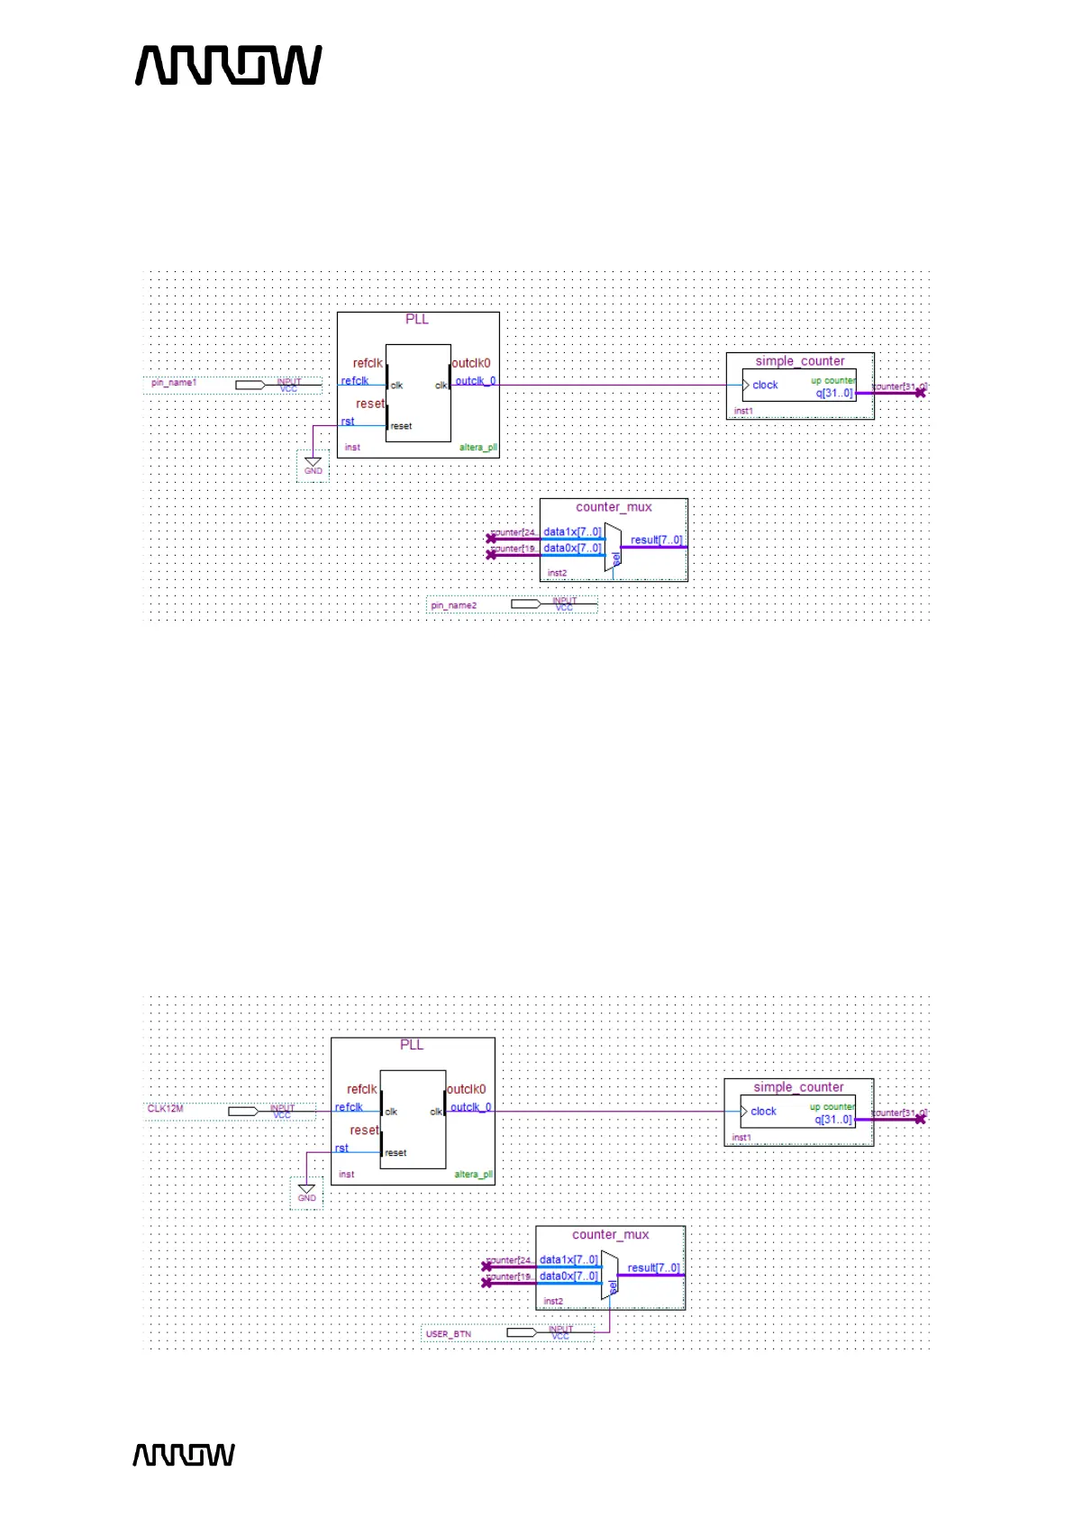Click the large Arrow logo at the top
tap(229, 66)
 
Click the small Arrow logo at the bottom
tap(184, 1455)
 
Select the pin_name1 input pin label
tap(174, 383)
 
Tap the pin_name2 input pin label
tap(454, 605)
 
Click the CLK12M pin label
tap(166, 1109)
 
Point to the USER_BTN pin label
tap(449, 1334)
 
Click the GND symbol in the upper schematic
tap(313, 465)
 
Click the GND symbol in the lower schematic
tap(306, 1192)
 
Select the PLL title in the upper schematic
tap(417, 320)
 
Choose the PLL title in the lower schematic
tap(412, 1045)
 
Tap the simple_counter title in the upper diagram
tap(800, 361)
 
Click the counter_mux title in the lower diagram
tap(611, 1235)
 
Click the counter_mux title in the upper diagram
tap(614, 507)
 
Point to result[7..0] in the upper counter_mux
tap(657, 540)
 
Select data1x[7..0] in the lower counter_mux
tap(568, 1259)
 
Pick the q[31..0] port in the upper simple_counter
tap(834, 394)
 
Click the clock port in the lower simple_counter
tap(763, 1112)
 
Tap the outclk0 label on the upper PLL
tap(471, 364)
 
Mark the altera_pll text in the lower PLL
tap(473, 1175)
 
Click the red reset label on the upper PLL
tap(369, 404)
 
